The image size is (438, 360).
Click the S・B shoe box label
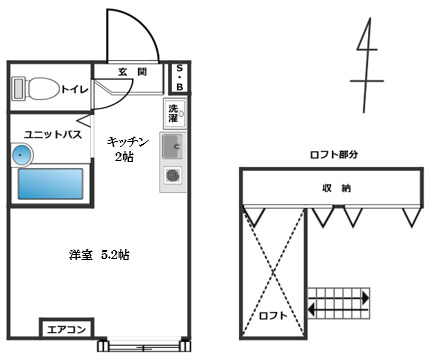[x=179, y=76]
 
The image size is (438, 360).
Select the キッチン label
[x=129, y=143]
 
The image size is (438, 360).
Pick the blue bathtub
[x=51, y=185]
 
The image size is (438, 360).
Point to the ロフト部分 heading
[x=333, y=155]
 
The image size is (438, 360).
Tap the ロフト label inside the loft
[x=271, y=316]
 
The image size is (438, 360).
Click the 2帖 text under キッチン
[x=124, y=157]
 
